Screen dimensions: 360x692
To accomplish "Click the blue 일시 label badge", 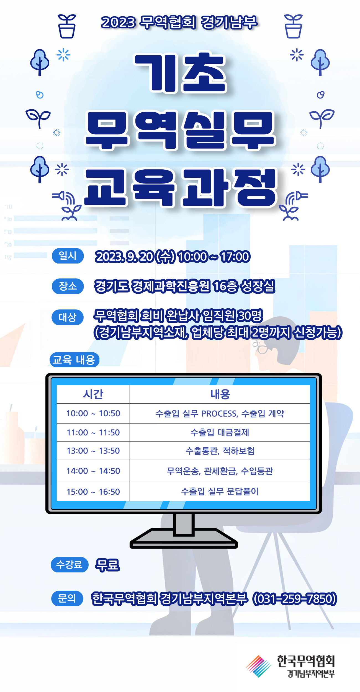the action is point(68,256).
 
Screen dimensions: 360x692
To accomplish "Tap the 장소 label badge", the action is point(68,286).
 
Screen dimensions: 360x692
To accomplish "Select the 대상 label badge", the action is point(68,317).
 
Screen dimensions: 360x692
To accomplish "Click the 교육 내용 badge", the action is point(74,360).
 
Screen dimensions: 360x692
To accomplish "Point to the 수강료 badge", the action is point(69,565).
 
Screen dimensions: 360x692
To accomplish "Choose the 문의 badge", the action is point(67,598).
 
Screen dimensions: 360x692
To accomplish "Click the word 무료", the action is point(107,565).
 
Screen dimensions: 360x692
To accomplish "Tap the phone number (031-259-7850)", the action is point(295,599).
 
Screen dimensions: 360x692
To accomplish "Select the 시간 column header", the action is point(93,394).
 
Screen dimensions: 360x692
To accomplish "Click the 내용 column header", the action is point(220,394).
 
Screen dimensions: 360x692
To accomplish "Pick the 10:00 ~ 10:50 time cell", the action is point(93,413).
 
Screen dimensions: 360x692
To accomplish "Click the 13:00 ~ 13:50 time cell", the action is point(93,451).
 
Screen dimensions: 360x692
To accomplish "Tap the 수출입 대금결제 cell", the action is point(220,432).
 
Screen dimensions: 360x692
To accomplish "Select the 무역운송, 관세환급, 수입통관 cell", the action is point(220,471).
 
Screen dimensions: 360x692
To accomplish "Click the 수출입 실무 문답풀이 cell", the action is point(220,492).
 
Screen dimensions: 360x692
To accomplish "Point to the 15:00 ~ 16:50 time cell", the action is point(93,492).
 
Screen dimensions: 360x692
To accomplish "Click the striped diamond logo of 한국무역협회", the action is point(259,666).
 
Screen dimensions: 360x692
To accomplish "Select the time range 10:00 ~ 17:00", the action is point(214,257).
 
